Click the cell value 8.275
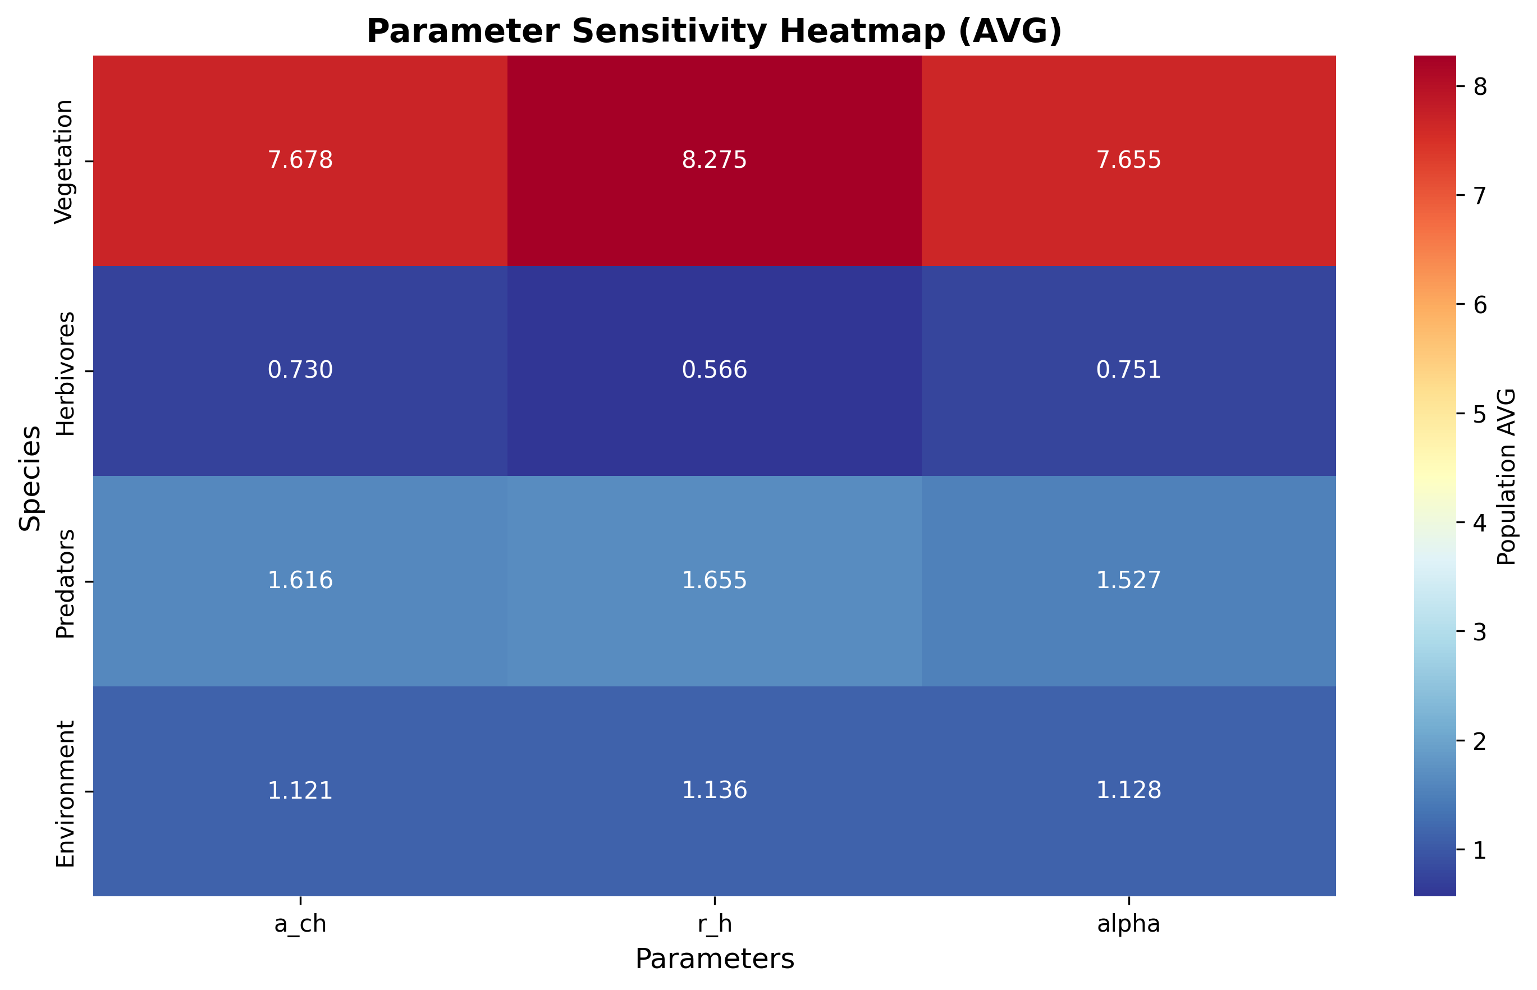point(714,159)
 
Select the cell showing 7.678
point(300,159)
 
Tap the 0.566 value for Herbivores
point(714,370)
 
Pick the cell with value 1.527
point(1128,580)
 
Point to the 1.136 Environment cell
point(714,790)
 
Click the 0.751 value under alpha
point(1128,370)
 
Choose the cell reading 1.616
point(300,580)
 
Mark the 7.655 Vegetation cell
point(1128,159)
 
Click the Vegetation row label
point(65,162)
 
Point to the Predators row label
point(65,583)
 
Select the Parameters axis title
point(714,959)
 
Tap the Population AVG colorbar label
point(1506,476)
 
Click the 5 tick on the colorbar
point(1479,414)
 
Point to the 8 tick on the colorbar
point(1479,86)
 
